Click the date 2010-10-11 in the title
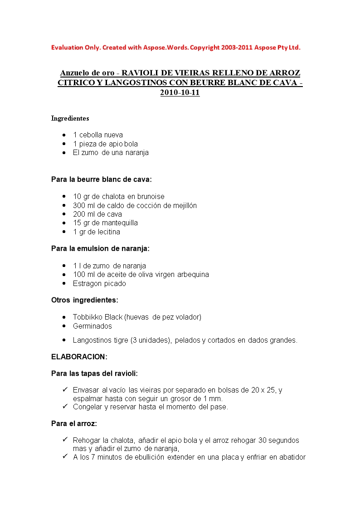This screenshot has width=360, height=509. pyautogui.click(x=180, y=92)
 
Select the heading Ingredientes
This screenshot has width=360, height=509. pyautogui.click(x=70, y=118)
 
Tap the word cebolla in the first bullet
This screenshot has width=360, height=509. pyautogui.click(x=91, y=135)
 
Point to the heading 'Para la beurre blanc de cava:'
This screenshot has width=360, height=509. pyautogui.click(x=102, y=179)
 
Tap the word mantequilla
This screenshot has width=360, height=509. pyautogui.click(x=120, y=223)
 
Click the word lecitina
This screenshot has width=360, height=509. pyautogui.click(x=107, y=232)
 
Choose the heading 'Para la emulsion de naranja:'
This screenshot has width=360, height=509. pyautogui.click(x=100, y=248)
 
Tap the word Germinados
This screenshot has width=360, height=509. pyautogui.click(x=92, y=326)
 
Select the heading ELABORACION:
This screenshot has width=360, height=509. pyautogui.click(x=79, y=357)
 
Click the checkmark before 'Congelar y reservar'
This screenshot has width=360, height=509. pyautogui.click(x=64, y=407)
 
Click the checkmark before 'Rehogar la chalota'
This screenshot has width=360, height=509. pyautogui.click(x=64, y=440)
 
